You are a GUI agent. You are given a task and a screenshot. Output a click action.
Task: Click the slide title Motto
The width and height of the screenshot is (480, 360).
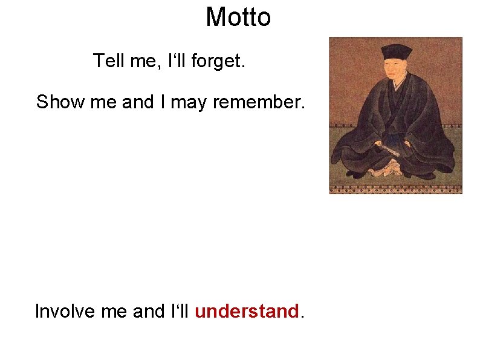coord(238,17)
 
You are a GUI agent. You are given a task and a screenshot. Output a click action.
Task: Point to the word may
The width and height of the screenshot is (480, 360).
coord(189,103)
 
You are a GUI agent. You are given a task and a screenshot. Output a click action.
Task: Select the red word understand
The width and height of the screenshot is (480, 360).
coord(247,312)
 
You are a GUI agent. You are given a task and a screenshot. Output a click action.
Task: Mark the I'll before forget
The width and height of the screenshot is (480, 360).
coord(177,61)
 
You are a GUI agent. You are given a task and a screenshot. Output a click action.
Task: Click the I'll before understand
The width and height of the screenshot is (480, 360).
coord(180,312)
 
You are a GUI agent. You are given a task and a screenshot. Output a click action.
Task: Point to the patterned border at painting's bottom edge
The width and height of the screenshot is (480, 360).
coord(395,189)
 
